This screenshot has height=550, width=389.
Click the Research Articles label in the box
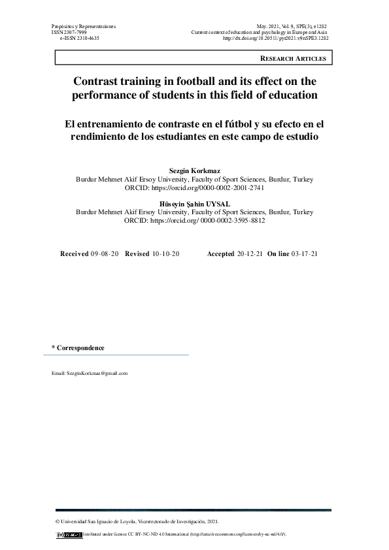(293, 59)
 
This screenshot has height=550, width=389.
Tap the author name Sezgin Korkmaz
(195, 170)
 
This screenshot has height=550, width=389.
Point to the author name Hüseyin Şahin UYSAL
(195, 204)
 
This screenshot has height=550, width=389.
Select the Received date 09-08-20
(105, 253)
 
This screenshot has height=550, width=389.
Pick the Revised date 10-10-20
(166, 253)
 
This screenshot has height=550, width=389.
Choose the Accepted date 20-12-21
(250, 253)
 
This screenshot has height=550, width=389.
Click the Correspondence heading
(79, 348)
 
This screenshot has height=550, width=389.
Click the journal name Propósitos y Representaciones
(83, 25)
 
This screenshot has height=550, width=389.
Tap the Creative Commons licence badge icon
(70, 534)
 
